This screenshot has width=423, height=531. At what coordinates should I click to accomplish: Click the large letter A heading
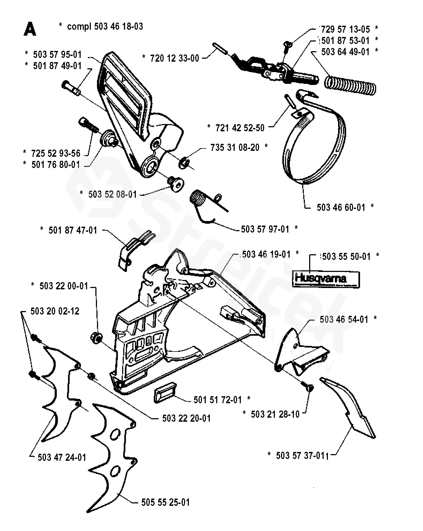30,29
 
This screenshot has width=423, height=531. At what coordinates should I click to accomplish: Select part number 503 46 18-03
119,27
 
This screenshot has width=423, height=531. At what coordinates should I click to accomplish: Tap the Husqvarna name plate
325,280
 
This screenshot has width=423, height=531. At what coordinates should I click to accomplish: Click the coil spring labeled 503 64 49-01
350,84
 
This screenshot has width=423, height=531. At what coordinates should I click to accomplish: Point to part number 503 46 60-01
341,207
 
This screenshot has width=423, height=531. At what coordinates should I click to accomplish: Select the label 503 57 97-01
265,229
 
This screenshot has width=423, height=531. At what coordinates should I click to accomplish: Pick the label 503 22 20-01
186,418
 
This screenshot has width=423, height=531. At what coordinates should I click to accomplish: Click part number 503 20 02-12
55,311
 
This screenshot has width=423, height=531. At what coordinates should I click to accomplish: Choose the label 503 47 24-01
62,457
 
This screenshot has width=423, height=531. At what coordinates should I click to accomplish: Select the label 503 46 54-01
344,319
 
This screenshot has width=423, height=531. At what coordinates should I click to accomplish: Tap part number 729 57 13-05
346,29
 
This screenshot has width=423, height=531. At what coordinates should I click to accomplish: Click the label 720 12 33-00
175,58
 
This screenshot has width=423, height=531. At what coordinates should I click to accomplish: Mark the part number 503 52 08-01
113,194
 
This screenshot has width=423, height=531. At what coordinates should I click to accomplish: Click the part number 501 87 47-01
73,230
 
